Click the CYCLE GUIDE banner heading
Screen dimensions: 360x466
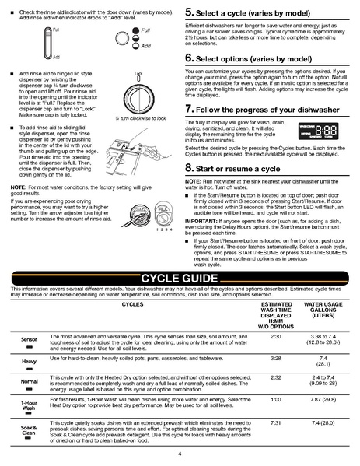[x=180, y=279]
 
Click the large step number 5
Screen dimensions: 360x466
[x=189, y=14]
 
